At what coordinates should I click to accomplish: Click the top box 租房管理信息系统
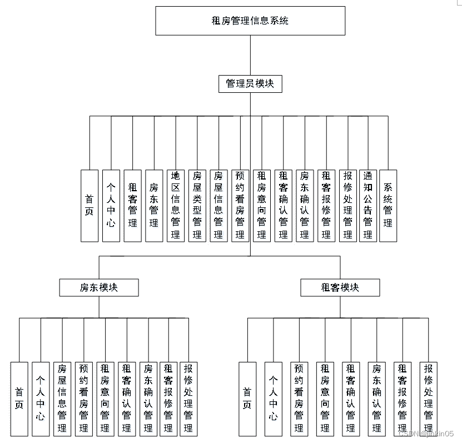(250, 21)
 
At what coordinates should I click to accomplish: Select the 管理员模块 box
(250, 84)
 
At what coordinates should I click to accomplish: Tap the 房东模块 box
(99, 287)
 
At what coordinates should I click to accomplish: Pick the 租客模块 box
(340, 287)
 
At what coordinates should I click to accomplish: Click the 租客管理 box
(132, 206)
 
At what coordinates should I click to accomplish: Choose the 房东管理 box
(154, 206)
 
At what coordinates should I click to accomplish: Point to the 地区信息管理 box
(175, 206)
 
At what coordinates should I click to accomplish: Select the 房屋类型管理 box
(197, 206)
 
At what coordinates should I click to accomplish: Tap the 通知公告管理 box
(367, 206)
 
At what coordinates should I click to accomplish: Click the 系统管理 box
(388, 206)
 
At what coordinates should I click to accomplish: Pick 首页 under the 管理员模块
(89, 206)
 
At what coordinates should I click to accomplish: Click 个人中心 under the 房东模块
(41, 399)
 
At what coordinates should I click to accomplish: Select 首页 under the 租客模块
(247, 399)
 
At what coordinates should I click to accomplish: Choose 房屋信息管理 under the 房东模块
(62, 399)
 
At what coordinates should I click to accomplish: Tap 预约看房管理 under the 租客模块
(299, 399)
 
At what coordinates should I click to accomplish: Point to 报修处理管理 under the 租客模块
(428, 399)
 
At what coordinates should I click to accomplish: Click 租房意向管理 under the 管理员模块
(261, 206)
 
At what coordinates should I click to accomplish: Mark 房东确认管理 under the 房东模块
(148, 399)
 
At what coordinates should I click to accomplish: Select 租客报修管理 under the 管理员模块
(326, 206)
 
